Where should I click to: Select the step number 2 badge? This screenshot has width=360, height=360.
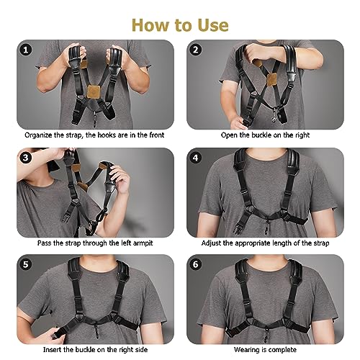pos(196,50)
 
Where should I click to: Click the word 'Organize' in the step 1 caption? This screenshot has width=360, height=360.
pos(41,134)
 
